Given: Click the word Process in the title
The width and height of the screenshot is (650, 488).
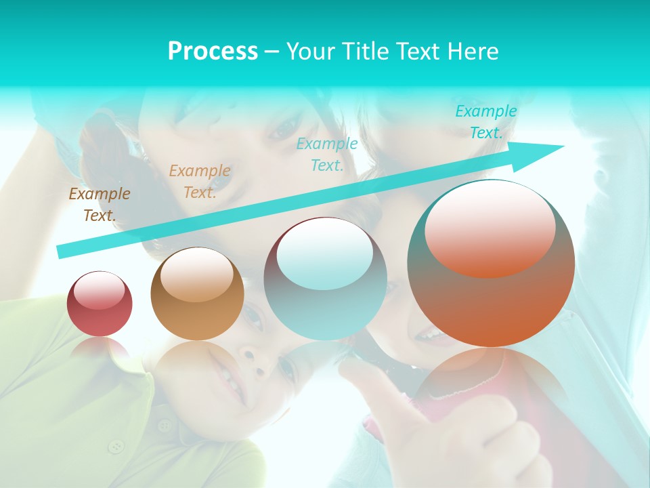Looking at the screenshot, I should [x=213, y=51].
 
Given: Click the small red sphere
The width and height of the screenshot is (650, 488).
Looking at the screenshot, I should [x=100, y=304].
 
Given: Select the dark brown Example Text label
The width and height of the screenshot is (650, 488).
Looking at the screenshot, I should [x=100, y=205].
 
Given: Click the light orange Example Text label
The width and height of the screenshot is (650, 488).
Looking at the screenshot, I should [x=199, y=182].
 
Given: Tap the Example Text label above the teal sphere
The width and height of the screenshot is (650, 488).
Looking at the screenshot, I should [x=327, y=154].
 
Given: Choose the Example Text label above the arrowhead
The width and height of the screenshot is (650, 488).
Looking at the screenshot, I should [x=485, y=122].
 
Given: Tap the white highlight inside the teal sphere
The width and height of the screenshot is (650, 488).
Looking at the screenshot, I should [x=325, y=252].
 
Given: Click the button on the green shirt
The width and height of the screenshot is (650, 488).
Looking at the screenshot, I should [x=117, y=446].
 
